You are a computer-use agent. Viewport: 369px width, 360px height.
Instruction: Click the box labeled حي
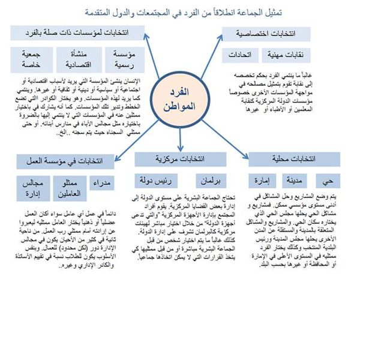pyautogui.click(x=328, y=181)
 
